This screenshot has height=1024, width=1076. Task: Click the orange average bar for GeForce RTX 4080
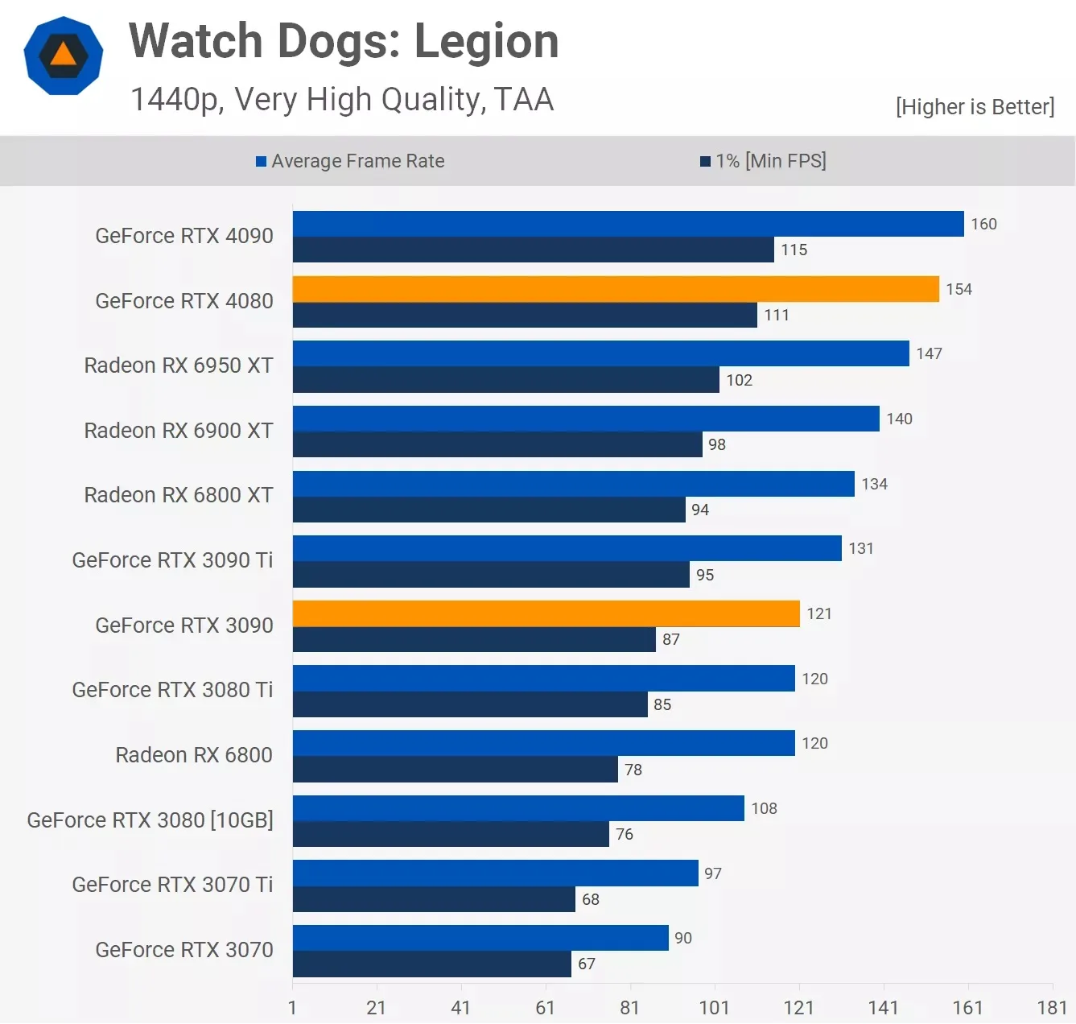coord(616,289)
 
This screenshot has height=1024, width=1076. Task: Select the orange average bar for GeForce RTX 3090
coord(546,613)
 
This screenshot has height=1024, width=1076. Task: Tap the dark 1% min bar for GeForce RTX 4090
coord(533,250)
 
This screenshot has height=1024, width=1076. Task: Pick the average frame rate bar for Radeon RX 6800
coord(543,743)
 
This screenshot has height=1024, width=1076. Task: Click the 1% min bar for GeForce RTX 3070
coord(431,964)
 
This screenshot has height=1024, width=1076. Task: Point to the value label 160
coord(983,224)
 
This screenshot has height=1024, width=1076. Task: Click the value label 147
coord(929,353)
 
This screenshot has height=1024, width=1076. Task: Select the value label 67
coord(587,964)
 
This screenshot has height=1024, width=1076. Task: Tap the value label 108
coord(764,808)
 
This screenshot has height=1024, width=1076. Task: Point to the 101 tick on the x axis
coord(714,1007)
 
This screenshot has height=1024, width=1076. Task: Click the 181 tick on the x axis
coord(1052,1007)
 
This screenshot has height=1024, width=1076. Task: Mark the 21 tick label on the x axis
coord(376,1007)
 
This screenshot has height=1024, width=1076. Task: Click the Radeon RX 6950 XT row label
coord(179,365)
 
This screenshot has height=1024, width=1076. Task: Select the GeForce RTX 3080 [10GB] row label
coord(150,820)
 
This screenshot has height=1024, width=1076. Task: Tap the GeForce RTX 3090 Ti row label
coord(172,560)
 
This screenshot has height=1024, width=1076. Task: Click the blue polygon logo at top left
coord(64,56)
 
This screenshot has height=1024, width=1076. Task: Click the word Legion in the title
coord(486,41)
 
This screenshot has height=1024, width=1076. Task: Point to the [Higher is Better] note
coord(975,107)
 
